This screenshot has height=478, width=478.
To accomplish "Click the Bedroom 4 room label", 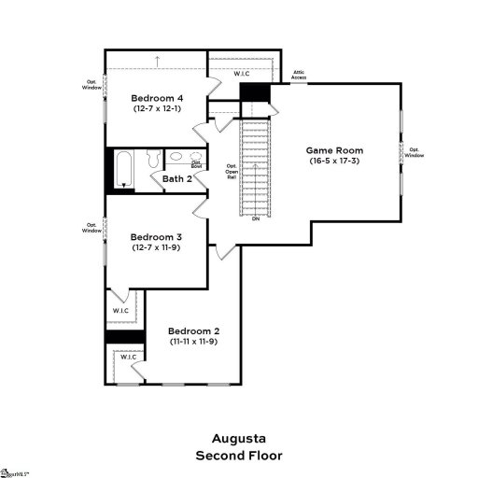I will point(156,98).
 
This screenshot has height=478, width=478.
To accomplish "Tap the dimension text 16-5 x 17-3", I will point(336,161).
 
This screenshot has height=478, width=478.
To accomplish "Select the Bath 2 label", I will point(177,178).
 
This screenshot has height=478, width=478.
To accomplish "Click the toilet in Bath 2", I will point(177,157).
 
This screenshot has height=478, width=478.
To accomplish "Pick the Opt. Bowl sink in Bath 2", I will point(197,160).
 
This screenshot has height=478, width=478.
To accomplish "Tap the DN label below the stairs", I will point(255,218).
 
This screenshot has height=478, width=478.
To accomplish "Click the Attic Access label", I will point(299,76).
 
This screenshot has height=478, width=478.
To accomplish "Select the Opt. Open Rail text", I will point(232,171).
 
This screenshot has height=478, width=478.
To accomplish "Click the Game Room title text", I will point(335,149).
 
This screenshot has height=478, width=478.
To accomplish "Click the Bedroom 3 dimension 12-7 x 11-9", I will point(156,247).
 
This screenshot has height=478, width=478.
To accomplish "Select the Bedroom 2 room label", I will point(193,331).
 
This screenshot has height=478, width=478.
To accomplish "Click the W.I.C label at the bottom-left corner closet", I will point(127,357).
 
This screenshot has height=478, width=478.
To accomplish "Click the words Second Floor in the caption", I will point(239,456).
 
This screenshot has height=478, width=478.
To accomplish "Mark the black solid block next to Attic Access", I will point(255,94).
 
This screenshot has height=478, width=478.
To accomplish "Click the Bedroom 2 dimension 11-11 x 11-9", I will point(193,342).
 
